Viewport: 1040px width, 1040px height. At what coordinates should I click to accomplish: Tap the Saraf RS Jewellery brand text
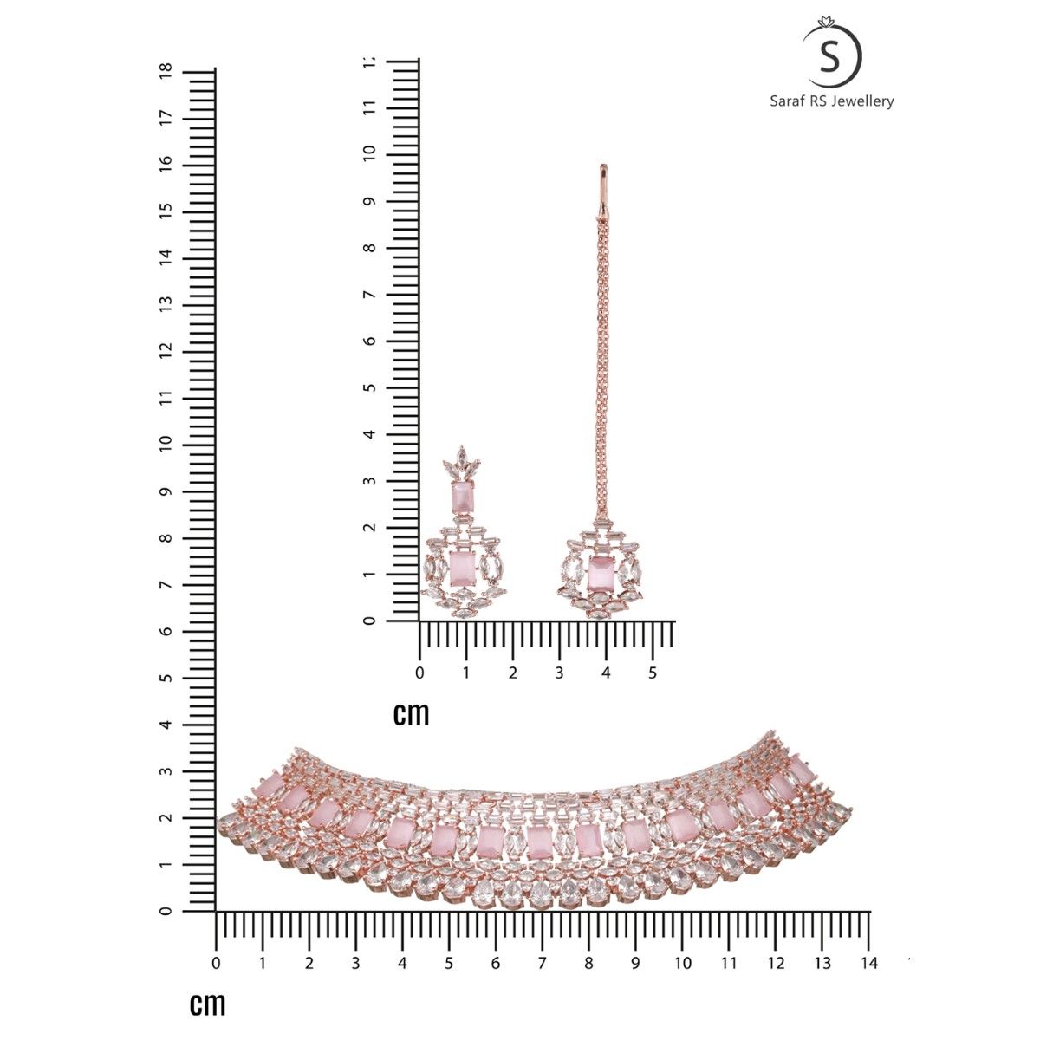click(x=832, y=101)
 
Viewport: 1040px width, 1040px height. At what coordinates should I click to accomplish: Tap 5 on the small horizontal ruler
click(x=652, y=673)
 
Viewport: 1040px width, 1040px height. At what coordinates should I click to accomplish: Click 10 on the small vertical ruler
click(x=369, y=154)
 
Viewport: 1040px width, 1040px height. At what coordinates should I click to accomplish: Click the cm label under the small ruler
click(x=412, y=714)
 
